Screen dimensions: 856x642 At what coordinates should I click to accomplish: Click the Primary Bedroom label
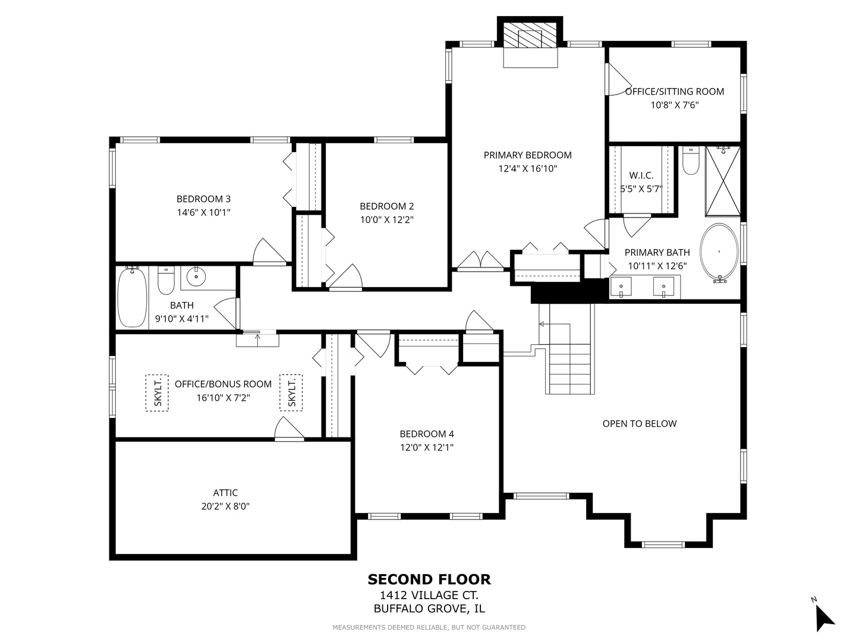[527, 155]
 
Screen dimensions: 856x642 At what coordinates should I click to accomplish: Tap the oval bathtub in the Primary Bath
[719, 253]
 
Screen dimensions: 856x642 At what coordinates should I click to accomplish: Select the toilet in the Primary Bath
[690, 160]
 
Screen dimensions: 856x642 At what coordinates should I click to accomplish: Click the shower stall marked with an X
[723, 181]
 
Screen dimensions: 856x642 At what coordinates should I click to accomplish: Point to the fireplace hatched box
[530, 35]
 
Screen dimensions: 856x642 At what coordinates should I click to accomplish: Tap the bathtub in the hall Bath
[133, 297]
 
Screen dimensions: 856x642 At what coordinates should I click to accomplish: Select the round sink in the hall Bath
[196, 277]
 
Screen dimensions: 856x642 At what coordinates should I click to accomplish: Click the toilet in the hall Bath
[166, 280]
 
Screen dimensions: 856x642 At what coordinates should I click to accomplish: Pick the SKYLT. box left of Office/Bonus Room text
[157, 392]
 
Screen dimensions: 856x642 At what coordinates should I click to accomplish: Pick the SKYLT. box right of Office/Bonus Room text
[291, 392]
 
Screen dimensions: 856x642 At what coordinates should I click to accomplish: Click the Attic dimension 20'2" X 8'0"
[225, 506]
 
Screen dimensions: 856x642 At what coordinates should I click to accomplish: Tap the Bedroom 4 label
[427, 434]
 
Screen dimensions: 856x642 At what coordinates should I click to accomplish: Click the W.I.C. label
[641, 175]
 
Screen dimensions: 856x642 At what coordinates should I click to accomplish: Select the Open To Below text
[640, 424]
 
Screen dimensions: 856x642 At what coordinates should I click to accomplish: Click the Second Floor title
[429, 580]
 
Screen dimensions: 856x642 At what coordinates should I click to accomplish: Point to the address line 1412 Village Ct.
[429, 595]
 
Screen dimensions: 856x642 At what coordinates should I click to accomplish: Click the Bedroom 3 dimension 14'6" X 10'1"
[203, 212]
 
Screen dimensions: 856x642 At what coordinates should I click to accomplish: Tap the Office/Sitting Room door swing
[619, 80]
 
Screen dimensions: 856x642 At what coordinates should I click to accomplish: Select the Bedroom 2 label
[386, 206]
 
